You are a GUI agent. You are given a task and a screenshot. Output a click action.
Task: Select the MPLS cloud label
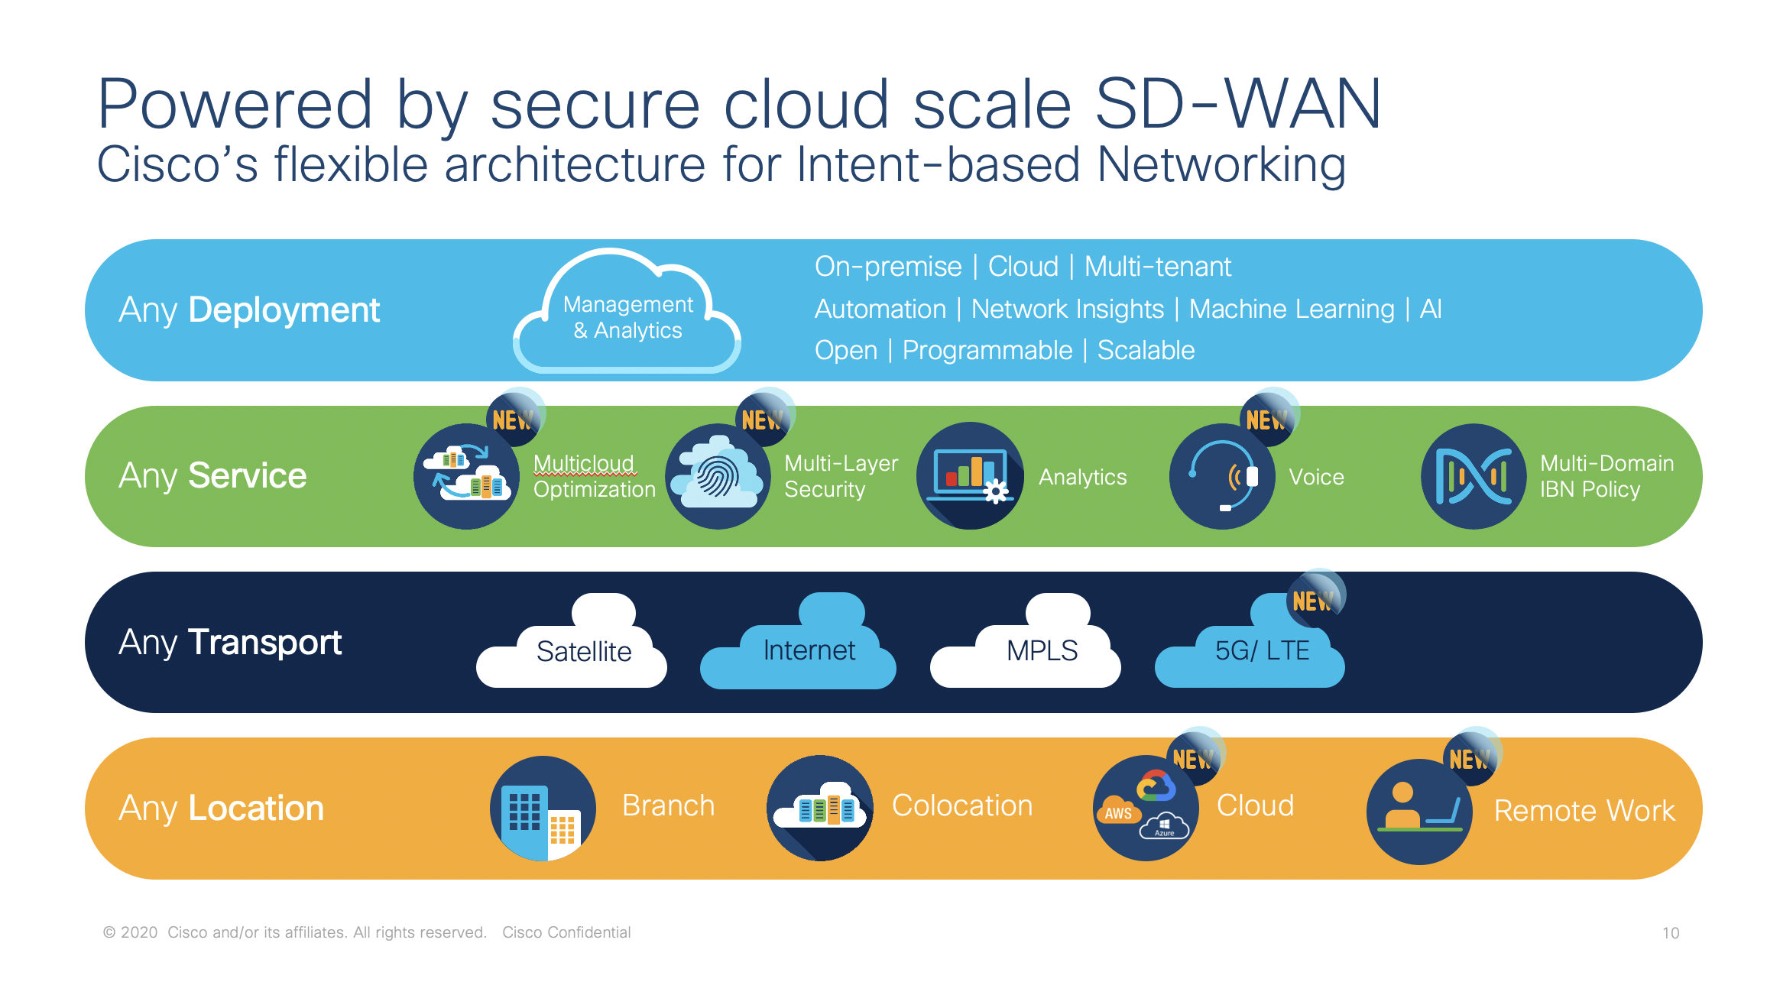click(x=1041, y=651)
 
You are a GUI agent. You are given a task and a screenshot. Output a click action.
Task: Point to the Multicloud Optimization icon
click(x=466, y=476)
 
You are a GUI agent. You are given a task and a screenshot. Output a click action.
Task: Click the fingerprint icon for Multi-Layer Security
click(x=717, y=476)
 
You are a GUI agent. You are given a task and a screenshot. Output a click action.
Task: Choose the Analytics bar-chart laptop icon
click(x=970, y=476)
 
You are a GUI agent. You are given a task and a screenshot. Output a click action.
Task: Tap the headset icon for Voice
click(x=1221, y=476)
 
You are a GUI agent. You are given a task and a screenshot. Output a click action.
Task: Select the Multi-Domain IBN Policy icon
click(x=1474, y=476)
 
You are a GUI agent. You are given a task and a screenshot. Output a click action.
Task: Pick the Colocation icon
click(x=820, y=809)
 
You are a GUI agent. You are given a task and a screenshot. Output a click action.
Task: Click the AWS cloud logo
click(x=1118, y=813)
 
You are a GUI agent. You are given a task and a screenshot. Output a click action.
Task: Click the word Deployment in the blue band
click(x=284, y=310)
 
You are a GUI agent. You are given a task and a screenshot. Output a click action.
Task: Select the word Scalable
click(x=1146, y=350)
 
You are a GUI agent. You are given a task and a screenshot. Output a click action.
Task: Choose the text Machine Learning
click(x=1292, y=309)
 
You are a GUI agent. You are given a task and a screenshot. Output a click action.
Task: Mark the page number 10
click(x=1670, y=933)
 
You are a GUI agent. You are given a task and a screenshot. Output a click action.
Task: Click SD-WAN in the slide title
click(x=1238, y=104)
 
